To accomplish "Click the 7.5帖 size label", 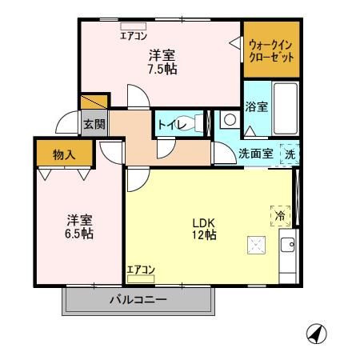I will tap(162, 69).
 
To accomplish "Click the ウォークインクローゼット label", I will tap(270, 51).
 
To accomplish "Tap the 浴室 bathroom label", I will tap(255, 106).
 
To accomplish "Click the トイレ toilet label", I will tap(170, 124).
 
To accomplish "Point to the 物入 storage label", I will tap(63, 154).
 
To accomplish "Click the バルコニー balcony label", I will tap(138, 301).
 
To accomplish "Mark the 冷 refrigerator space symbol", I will tap(281, 215).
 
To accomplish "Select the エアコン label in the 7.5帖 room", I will tap(133, 34).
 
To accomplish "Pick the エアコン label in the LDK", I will tap(141, 270).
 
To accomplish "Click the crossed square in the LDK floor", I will tap(257, 245).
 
